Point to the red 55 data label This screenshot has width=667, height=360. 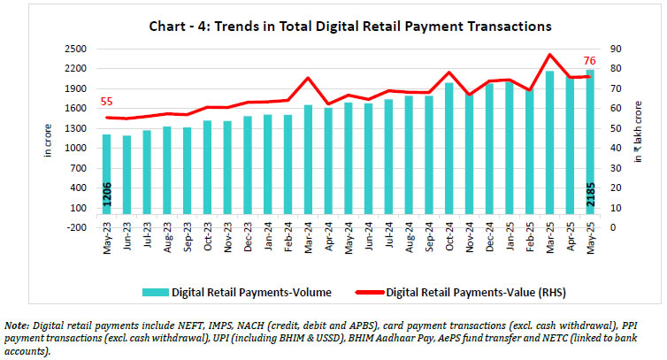pyautogui.click(x=107, y=103)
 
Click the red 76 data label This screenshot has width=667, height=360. pyautogui.click(x=587, y=61)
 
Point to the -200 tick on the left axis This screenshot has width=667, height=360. pyautogui.click(x=73, y=227)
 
